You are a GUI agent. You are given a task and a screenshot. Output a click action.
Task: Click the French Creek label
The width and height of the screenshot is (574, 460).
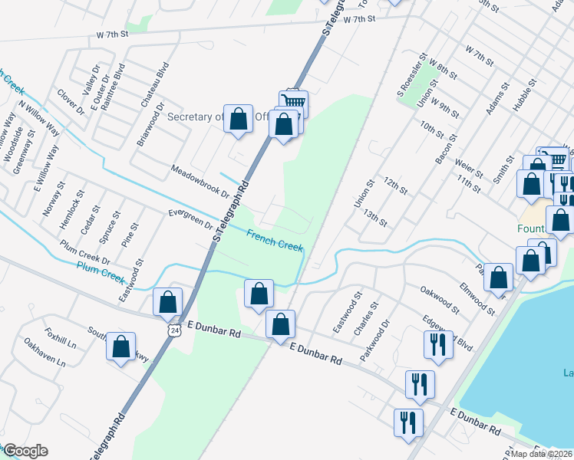point(275,241)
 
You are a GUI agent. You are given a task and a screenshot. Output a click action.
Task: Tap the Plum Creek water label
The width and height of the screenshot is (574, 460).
point(101,270)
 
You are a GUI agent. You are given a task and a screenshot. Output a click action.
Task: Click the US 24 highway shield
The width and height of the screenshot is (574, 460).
point(175,330)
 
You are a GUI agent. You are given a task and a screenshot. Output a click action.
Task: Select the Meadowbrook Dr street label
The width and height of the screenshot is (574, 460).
point(200,181)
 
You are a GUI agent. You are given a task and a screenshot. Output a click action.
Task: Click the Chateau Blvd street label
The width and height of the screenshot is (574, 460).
point(163,82)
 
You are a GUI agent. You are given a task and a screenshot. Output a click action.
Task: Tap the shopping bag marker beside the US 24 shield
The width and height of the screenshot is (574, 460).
point(167,303)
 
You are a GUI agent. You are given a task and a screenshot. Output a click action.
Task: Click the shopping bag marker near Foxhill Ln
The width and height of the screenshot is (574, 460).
point(121,347)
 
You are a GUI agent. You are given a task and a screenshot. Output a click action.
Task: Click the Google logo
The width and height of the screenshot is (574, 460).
point(25,451)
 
